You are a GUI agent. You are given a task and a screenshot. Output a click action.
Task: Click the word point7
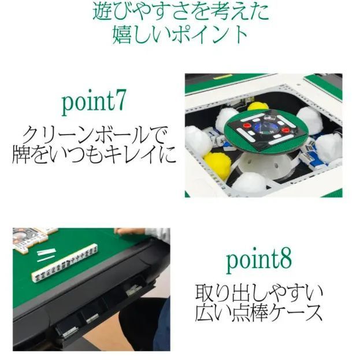93,103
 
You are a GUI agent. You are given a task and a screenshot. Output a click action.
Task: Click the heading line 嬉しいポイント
180,34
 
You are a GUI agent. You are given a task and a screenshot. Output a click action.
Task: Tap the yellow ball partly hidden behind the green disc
258,106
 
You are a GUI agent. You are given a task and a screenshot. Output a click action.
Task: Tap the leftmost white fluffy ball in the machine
197,142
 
